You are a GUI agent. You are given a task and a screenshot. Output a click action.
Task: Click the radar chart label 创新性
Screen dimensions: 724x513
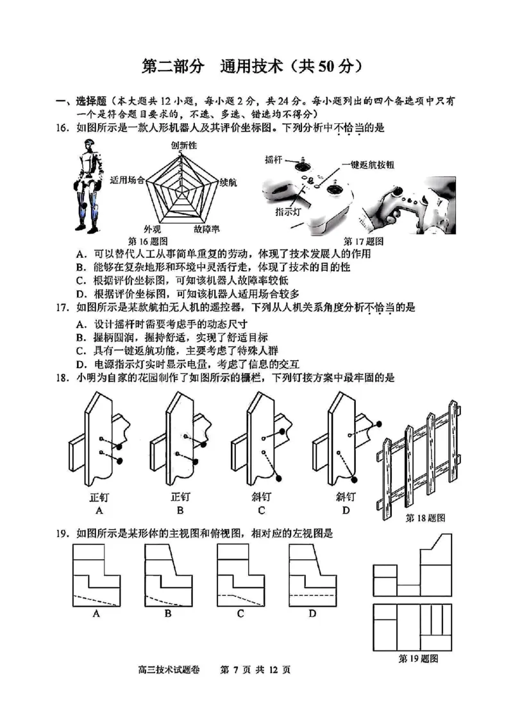click(x=184, y=146)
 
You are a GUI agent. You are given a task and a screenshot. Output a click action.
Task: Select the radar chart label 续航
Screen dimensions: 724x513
click(x=228, y=183)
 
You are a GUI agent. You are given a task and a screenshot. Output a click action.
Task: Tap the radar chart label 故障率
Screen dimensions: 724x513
click(x=208, y=230)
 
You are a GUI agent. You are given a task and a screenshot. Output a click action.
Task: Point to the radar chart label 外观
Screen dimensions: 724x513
click(x=153, y=230)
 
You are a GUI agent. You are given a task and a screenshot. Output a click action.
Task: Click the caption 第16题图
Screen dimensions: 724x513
click(x=148, y=241)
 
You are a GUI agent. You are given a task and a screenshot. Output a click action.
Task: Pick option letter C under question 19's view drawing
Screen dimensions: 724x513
click(x=240, y=614)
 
